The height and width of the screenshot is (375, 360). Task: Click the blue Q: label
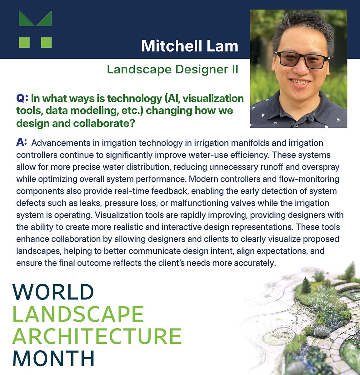[22, 99]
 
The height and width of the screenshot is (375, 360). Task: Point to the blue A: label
[21, 143]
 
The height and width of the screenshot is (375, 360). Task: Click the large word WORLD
[53, 292]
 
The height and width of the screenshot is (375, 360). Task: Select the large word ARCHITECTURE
[97, 336]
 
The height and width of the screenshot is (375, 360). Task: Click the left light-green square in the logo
[24, 42]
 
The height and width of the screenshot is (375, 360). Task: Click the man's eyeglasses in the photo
[302, 59]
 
